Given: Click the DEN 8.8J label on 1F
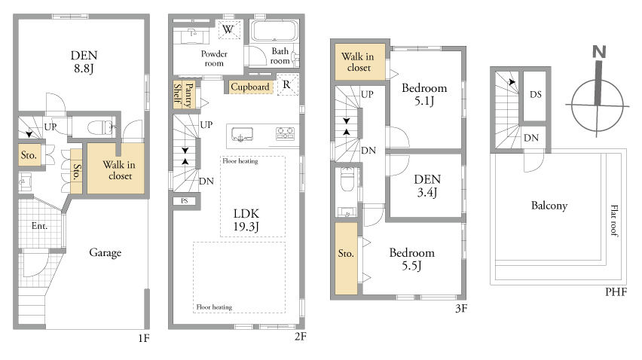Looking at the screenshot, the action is pyautogui.click(x=84, y=61).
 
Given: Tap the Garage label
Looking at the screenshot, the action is pyautogui.click(x=105, y=253).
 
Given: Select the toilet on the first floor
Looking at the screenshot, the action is pyautogui.click(x=100, y=127).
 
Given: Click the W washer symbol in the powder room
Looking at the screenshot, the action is pyautogui.click(x=228, y=29).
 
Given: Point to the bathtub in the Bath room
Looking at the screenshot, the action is pyautogui.click(x=274, y=31).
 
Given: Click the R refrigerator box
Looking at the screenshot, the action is pyautogui.click(x=287, y=84).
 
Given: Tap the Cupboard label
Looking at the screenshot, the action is pyautogui.click(x=249, y=87).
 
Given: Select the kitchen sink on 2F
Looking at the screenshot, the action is pyautogui.click(x=242, y=135).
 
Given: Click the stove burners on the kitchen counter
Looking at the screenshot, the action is pyautogui.click(x=285, y=133).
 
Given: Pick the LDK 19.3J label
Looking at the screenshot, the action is pyautogui.click(x=246, y=220).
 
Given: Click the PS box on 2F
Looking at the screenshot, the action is pyautogui.click(x=185, y=201).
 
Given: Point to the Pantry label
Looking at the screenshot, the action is pyautogui.click(x=189, y=96).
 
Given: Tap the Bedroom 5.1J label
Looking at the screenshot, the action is pyautogui.click(x=424, y=94).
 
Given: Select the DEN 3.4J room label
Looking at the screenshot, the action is pyautogui.click(x=427, y=185).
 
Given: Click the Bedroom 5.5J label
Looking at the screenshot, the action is pyautogui.click(x=412, y=259).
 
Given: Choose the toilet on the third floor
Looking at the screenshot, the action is pyautogui.click(x=347, y=179).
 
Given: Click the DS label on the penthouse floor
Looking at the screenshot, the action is pyautogui.click(x=536, y=94).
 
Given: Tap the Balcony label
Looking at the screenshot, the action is pyautogui.click(x=549, y=206).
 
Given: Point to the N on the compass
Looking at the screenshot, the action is pyautogui.click(x=599, y=52).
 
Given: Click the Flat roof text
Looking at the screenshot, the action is pyautogui.click(x=614, y=221).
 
